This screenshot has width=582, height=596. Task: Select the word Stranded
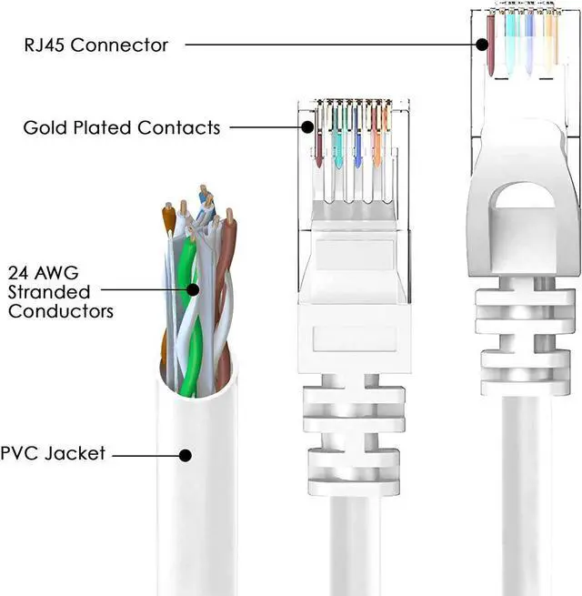point(49,292)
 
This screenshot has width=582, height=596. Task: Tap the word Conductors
point(61,311)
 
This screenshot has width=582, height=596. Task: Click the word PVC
point(22,452)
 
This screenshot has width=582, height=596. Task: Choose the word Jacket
point(76,452)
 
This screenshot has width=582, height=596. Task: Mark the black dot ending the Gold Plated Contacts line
point(308,127)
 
